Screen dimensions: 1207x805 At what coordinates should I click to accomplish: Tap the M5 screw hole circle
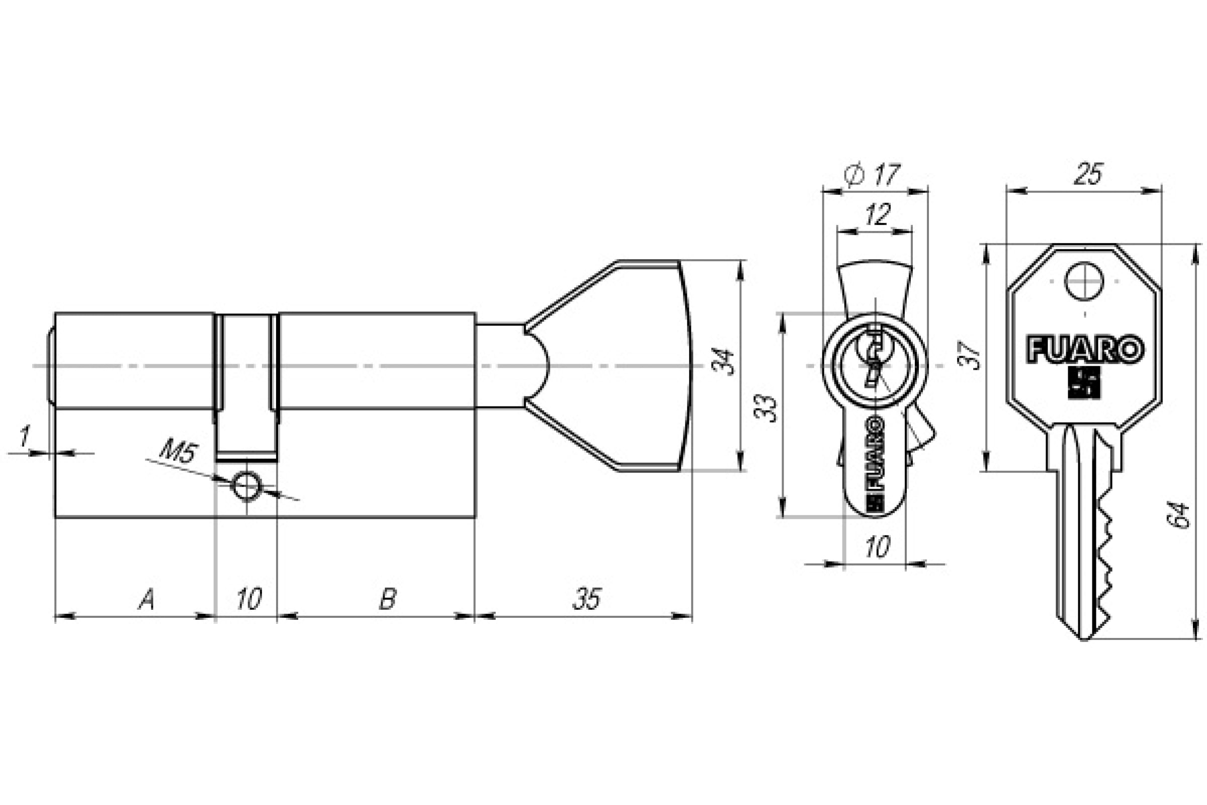click(x=247, y=485)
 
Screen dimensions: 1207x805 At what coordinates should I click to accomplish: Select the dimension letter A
click(x=146, y=599)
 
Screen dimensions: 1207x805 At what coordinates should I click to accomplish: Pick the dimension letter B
click(x=387, y=599)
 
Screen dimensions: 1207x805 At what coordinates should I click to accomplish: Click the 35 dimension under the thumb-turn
click(x=587, y=599)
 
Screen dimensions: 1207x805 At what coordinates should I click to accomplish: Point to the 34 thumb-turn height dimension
click(x=723, y=362)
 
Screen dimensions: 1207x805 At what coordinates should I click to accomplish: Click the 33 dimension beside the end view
click(x=766, y=408)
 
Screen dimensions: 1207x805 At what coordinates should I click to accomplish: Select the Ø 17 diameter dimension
click(x=872, y=175)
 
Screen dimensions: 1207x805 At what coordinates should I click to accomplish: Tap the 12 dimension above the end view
click(x=877, y=215)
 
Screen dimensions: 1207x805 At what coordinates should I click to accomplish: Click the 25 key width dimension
click(x=1087, y=175)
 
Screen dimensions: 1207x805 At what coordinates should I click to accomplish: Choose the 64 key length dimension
click(x=1178, y=515)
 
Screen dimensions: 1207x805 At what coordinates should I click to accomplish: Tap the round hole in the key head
click(x=1084, y=281)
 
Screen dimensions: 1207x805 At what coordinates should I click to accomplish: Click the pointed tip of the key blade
click(x=1084, y=639)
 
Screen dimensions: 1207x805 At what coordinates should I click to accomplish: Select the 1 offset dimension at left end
click(x=23, y=436)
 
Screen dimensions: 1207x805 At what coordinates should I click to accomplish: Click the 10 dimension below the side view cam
click(x=249, y=599)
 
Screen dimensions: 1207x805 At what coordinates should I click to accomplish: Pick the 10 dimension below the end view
click(x=877, y=547)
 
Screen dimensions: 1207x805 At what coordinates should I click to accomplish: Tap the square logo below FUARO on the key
click(x=1084, y=383)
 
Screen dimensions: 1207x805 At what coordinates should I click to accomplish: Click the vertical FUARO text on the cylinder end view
click(x=875, y=452)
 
